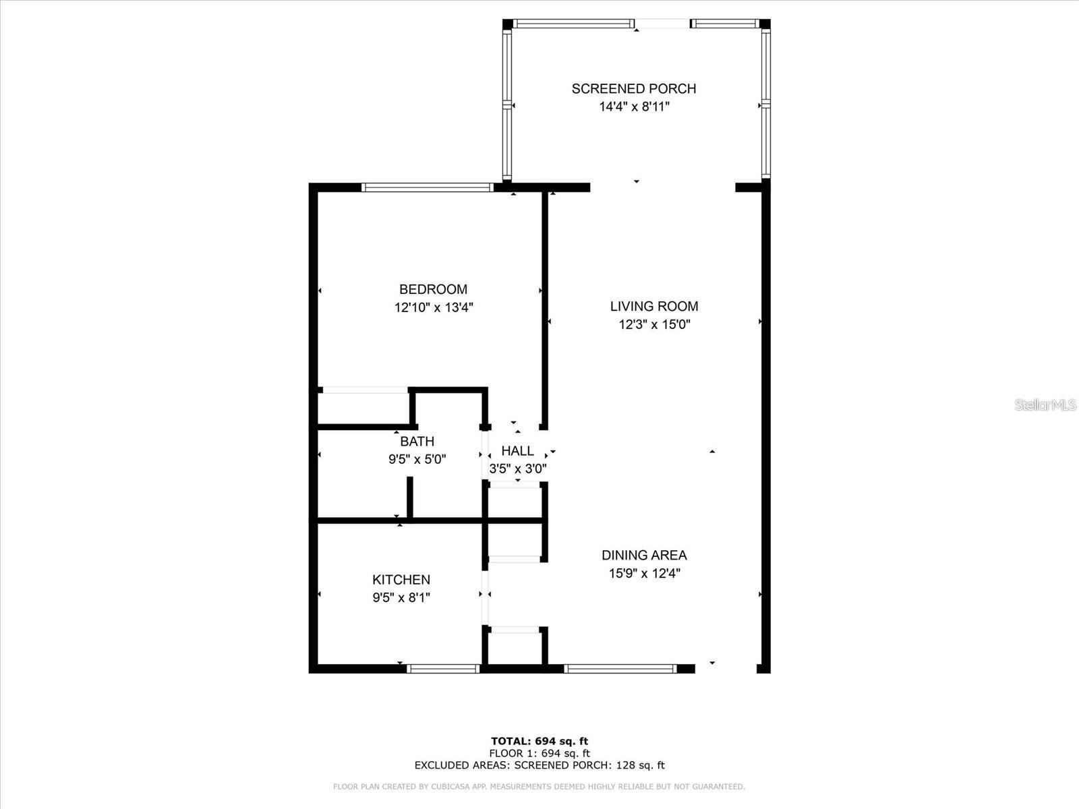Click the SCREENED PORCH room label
633,88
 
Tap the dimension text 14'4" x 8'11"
633,107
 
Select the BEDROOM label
433,289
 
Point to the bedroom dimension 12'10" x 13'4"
434,307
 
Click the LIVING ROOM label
654,306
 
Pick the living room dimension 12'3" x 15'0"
654,324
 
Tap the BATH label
417,442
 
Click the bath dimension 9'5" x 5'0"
417,459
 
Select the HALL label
517,451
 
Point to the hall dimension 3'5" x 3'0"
517,468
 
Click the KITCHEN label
401,580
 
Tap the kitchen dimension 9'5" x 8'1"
401,597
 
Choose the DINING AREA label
644,556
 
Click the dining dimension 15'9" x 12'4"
644,574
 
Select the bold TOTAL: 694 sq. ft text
539,742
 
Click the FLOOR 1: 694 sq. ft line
539,753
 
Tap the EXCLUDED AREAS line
539,765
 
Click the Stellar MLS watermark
1045,405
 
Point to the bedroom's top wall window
427,187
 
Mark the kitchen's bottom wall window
443,669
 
